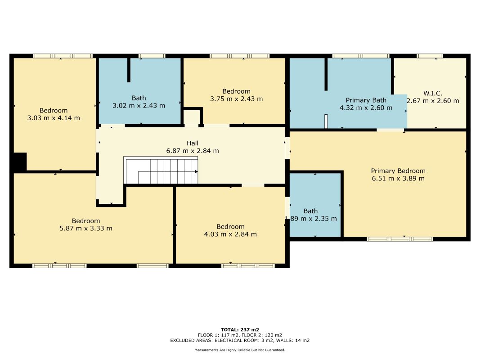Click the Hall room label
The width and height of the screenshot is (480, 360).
tap(193, 143)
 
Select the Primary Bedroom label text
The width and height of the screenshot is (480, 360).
tap(398, 171)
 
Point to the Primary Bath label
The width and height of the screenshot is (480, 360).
tap(366, 100)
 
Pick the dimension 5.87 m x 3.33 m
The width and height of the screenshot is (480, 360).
tap(86, 228)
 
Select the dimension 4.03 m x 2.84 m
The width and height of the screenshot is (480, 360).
tap(230, 234)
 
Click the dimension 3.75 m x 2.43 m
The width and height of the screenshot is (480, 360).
tap(236, 99)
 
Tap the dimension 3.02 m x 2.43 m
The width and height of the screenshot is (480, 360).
tap(139, 105)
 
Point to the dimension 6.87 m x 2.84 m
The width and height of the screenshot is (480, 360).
tap(193, 151)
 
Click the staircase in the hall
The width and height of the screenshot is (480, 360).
tap(161, 171)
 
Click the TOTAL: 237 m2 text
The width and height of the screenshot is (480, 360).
tap(240, 329)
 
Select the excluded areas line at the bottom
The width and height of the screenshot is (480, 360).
tap(240, 340)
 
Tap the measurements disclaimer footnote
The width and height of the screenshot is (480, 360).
tap(240, 350)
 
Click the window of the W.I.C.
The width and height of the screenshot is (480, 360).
tap(429, 56)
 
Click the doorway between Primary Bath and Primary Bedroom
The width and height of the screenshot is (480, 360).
tap(390, 130)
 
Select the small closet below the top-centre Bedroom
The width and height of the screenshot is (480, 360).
tap(192, 117)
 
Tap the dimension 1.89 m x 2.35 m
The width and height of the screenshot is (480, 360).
tap(311, 219)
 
